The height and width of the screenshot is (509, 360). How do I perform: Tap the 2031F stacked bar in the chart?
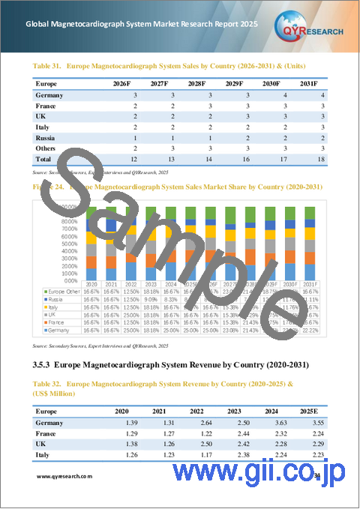315,238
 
